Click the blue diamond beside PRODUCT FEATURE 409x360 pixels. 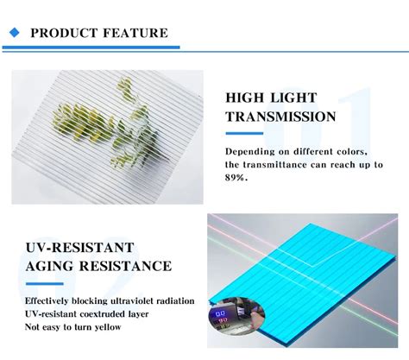point(14,33)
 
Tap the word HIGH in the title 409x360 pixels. point(246,98)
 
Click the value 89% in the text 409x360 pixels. point(236,177)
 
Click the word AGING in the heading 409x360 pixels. point(52,266)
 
